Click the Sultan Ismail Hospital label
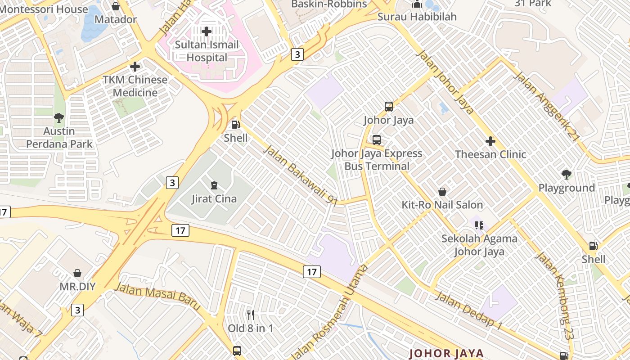(207, 51)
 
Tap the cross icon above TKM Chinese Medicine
(135, 67)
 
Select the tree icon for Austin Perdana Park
(58, 118)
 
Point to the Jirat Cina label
(214, 198)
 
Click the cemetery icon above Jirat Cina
(214, 185)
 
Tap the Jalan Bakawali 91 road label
(300, 175)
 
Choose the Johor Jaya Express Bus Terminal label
(377, 160)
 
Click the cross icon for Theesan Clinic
(490, 142)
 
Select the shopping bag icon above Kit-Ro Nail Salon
(442, 192)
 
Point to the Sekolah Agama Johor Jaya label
(479, 245)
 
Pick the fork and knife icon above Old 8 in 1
(251, 315)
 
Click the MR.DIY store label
(77, 286)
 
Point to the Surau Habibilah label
(417, 17)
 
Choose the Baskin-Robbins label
(329, 4)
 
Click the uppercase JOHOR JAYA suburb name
(446, 353)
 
